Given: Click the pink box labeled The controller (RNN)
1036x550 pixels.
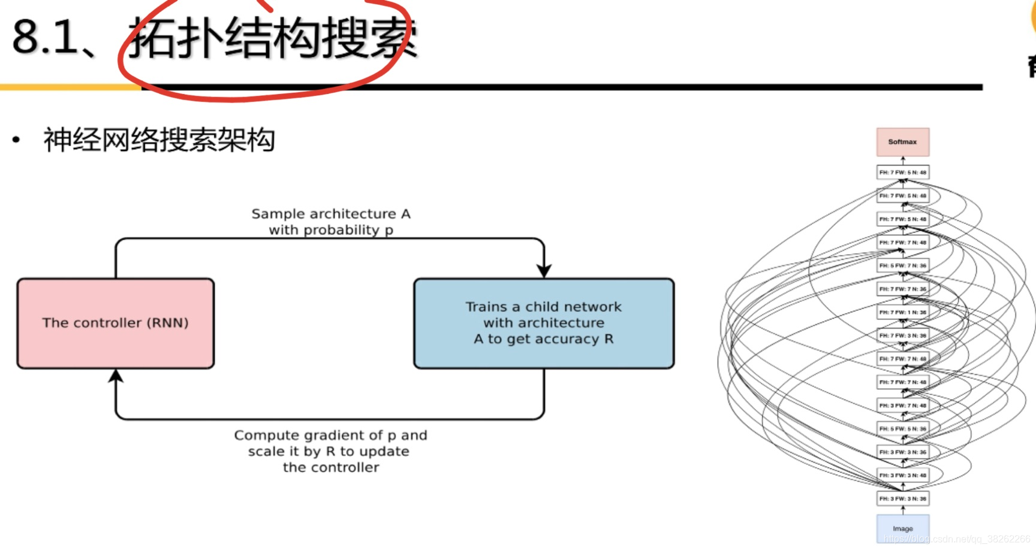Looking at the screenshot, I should (116, 324).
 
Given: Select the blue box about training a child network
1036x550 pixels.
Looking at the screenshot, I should (544, 324).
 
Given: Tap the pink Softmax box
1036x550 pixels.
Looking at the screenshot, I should (902, 142).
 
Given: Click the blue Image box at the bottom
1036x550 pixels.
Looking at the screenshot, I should (902, 528).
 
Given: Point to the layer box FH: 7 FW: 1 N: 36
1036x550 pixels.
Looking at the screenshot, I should (902, 312).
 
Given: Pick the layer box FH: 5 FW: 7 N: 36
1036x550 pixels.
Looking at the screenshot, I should (902, 265).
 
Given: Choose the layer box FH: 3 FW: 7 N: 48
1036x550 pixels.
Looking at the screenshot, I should (902, 406).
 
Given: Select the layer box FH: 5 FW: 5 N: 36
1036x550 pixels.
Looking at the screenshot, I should (902, 429).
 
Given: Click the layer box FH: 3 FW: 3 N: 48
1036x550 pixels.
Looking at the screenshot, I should (902, 475).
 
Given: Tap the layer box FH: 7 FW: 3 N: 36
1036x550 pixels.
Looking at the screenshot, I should (902, 336).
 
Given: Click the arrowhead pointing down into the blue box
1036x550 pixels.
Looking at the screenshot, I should (544, 271).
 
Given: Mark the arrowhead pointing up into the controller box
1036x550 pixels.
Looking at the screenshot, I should (116, 376).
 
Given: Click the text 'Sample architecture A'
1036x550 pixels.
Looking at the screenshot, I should (331, 214).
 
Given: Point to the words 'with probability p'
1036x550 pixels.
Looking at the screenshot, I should (331, 230).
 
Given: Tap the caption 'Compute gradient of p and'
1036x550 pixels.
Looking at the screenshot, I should (330, 435).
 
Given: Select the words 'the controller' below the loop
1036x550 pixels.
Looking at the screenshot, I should (331, 467).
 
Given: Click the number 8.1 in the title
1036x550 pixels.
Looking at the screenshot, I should (45, 37).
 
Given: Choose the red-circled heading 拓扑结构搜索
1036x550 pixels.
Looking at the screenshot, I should (273, 39).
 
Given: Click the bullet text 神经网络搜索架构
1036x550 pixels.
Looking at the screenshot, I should (159, 140).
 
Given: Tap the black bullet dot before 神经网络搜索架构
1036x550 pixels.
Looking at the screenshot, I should (16, 141).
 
